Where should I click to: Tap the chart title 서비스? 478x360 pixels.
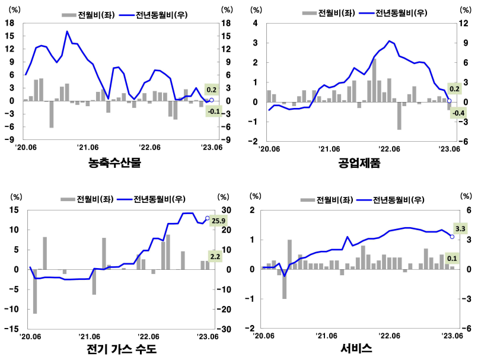[x=356, y=349]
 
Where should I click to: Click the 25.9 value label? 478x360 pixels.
[x=220, y=220]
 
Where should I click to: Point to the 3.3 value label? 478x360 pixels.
[x=461, y=228]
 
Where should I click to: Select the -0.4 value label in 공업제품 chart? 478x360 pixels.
[x=458, y=113]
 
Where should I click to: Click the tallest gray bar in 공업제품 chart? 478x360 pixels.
[x=374, y=80]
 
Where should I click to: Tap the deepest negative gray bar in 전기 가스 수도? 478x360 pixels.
[x=35, y=291]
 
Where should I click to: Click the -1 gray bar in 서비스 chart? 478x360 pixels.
[x=285, y=283]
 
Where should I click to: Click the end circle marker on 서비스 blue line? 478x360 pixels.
[x=452, y=237]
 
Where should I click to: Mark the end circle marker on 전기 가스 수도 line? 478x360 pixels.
[x=207, y=218]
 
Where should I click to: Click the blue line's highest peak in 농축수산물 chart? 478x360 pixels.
[x=67, y=31]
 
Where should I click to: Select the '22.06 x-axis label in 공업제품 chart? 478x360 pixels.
[x=390, y=149]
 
